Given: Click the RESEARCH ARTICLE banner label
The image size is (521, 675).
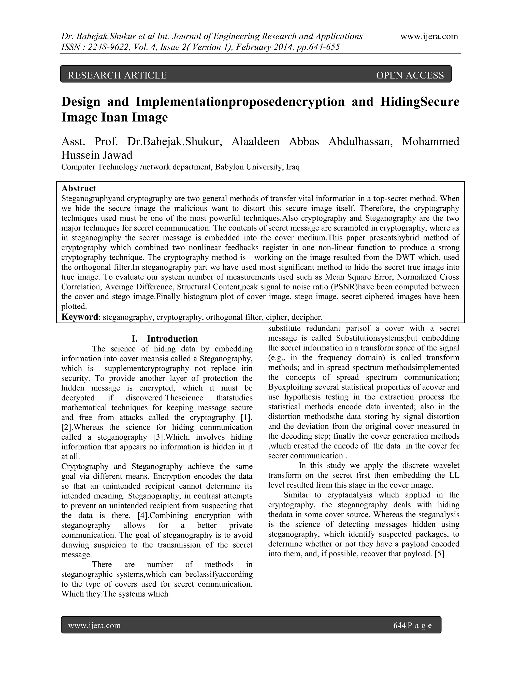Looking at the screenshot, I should click(x=117, y=75).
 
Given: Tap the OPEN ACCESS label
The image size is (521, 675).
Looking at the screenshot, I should click(x=410, y=75).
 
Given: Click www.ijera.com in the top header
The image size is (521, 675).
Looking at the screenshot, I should click(x=429, y=36).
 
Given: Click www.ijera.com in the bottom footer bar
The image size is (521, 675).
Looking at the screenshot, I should click(x=94, y=626).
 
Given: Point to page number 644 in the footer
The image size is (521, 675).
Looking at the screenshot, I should click(x=399, y=626).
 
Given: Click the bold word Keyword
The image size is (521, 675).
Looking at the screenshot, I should click(x=80, y=317).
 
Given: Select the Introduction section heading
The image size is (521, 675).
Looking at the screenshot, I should click(x=172, y=339).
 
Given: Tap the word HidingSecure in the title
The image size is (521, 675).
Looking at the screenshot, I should click(x=419, y=102).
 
